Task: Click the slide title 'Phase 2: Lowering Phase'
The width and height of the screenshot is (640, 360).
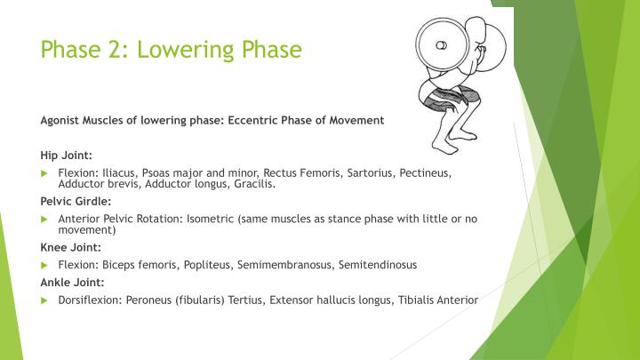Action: (172, 48)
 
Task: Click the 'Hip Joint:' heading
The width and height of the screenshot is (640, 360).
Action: (65, 154)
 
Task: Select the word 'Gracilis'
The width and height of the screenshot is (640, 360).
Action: (254, 185)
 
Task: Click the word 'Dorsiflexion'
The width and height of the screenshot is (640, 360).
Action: (87, 300)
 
